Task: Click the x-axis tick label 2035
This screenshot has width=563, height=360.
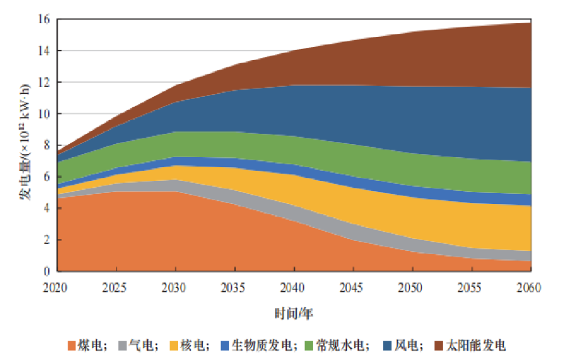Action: pyautogui.click(x=233, y=287)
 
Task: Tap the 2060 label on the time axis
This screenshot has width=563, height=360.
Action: pyautogui.click(x=529, y=287)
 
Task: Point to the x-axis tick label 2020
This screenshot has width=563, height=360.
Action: pyautogui.click(x=55, y=287)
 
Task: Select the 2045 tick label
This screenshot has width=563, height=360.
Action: pyautogui.click(x=351, y=287)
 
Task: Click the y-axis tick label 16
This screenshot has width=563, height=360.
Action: pyautogui.click(x=44, y=19)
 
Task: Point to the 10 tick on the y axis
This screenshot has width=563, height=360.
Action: pyautogui.click(x=44, y=114)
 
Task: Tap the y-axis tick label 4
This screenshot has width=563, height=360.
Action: pyautogui.click(x=47, y=208)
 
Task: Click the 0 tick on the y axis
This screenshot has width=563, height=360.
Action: pyautogui.click(x=47, y=271)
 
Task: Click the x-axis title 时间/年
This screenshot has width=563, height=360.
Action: pyautogui.click(x=294, y=313)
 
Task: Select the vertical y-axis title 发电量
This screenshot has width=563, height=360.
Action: pyautogui.click(x=25, y=182)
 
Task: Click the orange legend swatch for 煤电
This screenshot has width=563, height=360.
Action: pyautogui.click(x=72, y=346)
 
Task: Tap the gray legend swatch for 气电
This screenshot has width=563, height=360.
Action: pyautogui.click(x=123, y=346)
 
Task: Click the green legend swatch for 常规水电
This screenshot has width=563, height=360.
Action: pyautogui.click(x=309, y=346)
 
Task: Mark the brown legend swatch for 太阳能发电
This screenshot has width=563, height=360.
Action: pyautogui.click(x=439, y=346)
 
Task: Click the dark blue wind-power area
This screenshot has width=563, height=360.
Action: pyautogui.click(x=395, y=118)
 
